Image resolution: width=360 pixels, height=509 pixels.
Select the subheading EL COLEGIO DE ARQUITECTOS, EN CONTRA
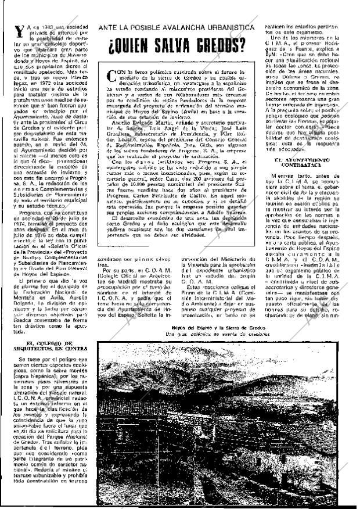[50, 350]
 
